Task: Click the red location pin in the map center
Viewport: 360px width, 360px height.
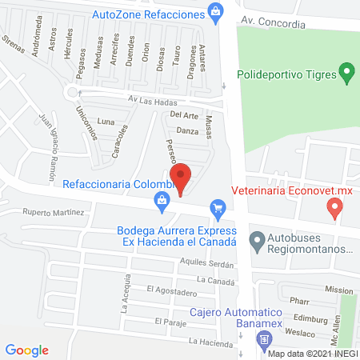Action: point(182,178)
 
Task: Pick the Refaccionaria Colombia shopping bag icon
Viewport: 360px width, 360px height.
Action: point(163,202)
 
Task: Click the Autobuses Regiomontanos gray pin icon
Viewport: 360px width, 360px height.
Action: point(257,239)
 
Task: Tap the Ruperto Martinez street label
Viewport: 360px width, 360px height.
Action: point(53,213)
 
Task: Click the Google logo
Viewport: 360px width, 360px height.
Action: point(27,350)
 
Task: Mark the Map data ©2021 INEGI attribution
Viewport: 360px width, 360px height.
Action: point(313,354)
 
